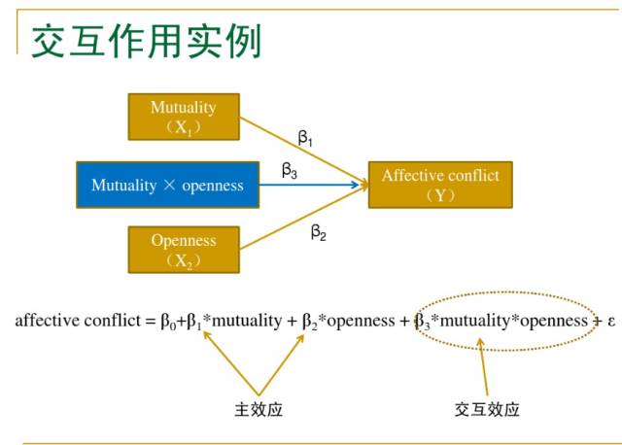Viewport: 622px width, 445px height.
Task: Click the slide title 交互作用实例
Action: click(x=146, y=40)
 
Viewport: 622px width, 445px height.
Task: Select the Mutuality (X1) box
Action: click(x=183, y=117)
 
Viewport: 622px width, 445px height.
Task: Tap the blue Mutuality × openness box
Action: click(x=167, y=185)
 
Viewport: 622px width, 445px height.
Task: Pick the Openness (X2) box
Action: click(x=183, y=250)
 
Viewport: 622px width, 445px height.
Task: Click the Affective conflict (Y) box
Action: click(x=440, y=185)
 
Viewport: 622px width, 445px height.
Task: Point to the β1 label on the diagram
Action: click(x=305, y=140)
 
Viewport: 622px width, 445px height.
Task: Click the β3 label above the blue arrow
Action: click(x=290, y=170)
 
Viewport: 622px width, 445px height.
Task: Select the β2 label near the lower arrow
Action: click(x=318, y=231)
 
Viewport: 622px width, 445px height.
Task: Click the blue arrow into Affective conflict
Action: click(x=311, y=185)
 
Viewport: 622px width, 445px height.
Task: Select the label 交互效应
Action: click(x=487, y=409)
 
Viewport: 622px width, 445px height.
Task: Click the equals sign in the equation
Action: click(x=151, y=321)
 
